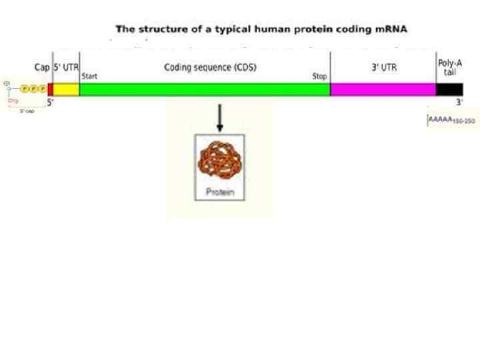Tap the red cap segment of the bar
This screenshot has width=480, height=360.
[50, 89]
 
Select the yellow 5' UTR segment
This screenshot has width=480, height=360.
[66, 89]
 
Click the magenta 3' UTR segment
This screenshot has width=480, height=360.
[383, 89]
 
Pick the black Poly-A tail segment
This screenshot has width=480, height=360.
[449, 89]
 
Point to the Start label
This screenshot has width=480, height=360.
[89, 77]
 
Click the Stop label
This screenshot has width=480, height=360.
[319, 77]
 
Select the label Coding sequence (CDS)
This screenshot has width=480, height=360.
[210, 67]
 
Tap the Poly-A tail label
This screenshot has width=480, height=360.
[449, 67]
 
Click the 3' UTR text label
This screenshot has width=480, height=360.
[384, 67]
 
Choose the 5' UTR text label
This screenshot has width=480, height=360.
[65, 67]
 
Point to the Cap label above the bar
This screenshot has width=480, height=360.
[41, 67]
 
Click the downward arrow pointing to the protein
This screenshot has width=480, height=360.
[219, 118]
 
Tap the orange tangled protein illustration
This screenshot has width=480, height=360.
[219, 161]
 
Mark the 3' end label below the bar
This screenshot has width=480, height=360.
[459, 102]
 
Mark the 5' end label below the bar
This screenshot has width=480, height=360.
[50, 102]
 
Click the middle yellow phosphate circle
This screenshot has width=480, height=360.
[33, 89]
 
